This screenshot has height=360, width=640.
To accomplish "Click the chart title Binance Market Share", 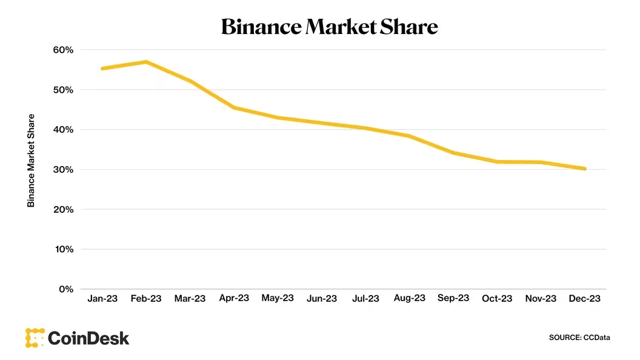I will pos(329,27).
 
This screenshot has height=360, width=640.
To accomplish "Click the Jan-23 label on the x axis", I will pos(102,299).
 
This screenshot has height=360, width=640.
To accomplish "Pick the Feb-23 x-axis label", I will pos(146,299).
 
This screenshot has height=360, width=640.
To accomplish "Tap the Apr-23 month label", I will pos(234,299).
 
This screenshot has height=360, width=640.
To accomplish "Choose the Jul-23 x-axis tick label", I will pos(365,299).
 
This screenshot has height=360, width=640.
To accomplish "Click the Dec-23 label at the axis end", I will pos(585,299).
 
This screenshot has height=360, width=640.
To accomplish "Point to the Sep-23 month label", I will pos(453,299).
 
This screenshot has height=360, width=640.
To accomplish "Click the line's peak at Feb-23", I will pos(146,62).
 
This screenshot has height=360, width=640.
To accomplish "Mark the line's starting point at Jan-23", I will pos(102,68).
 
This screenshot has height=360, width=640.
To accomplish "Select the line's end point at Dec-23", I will pos(585,168).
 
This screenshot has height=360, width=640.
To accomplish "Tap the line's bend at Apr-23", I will pos(234,107).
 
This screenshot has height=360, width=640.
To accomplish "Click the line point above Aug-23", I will pos(410,136).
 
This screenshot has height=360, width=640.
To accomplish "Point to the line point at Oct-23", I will pos(497,162).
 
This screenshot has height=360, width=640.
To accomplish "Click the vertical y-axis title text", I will pos(31,160).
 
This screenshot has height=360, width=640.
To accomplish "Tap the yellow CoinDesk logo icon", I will pos(35,338).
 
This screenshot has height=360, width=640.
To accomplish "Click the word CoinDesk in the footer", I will pos(88,338).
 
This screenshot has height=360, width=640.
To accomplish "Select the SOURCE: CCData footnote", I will pos(579,337).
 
